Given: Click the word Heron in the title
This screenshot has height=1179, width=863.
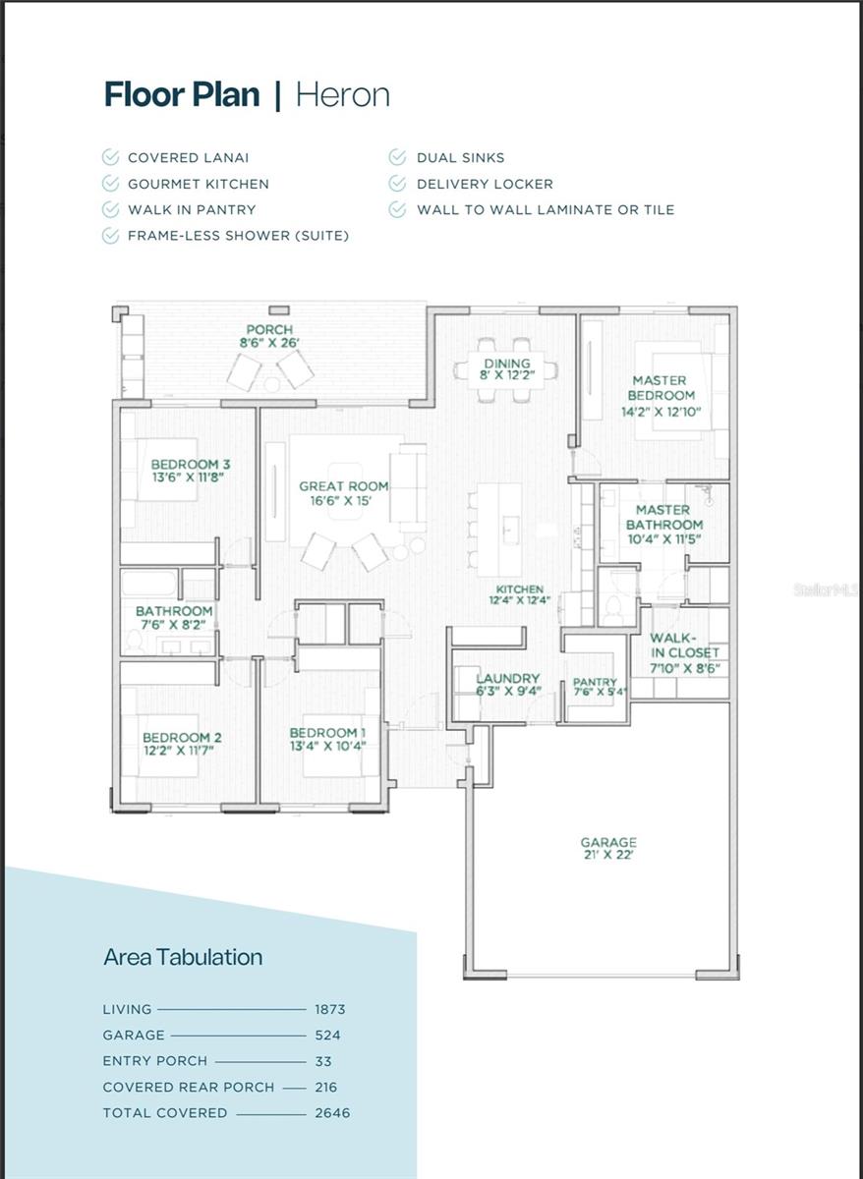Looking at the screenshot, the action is pyautogui.click(x=343, y=94).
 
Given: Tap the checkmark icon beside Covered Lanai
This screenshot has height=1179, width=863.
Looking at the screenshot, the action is pyautogui.click(x=110, y=157).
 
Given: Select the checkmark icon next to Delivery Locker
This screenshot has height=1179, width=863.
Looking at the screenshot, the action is pyautogui.click(x=397, y=184).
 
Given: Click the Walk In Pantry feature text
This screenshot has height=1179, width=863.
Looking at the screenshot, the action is pyautogui.click(x=192, y=209).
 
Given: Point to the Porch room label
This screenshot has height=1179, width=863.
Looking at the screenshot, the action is pyautogui.click(x=269, y=330).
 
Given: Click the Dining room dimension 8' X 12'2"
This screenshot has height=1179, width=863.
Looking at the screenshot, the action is pyautogui.click(x=507, y=375).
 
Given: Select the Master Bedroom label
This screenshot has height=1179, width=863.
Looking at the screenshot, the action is pyautogui.click(x=661, y=388).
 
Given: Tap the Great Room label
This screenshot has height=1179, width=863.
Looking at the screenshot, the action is pyautogui.click(x=344, y=486).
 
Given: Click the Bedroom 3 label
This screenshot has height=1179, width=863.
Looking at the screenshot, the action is pyautogui.click(x=190, y=464).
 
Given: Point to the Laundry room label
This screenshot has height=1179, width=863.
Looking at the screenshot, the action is pyautogui.click(x=508, y=679).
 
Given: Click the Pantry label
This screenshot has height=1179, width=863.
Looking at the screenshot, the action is pyautogui.click(x=595, y=683).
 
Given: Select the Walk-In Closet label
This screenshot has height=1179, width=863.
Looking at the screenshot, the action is pyautogui.click(x=684, y=646).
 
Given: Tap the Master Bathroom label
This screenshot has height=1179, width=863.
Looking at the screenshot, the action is pyautogui.click(x=664, y=518).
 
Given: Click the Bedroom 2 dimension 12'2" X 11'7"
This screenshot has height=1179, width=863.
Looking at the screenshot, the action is pyautogui.click(x=179, y=750).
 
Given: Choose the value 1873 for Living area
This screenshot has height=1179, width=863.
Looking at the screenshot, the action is pyautogui.click(x=330, y=1009).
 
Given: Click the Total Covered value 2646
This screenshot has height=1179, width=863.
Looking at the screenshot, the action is pyautogui.click(x=332, y=1112).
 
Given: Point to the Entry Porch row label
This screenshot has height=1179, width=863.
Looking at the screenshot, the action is pyautogui.click(x=154, y=1060).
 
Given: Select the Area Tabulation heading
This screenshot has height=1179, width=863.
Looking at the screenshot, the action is pyautogui.click(x=183, y=957).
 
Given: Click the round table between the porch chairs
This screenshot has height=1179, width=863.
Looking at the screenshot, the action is pyautogui.click(x=271, y=385).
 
